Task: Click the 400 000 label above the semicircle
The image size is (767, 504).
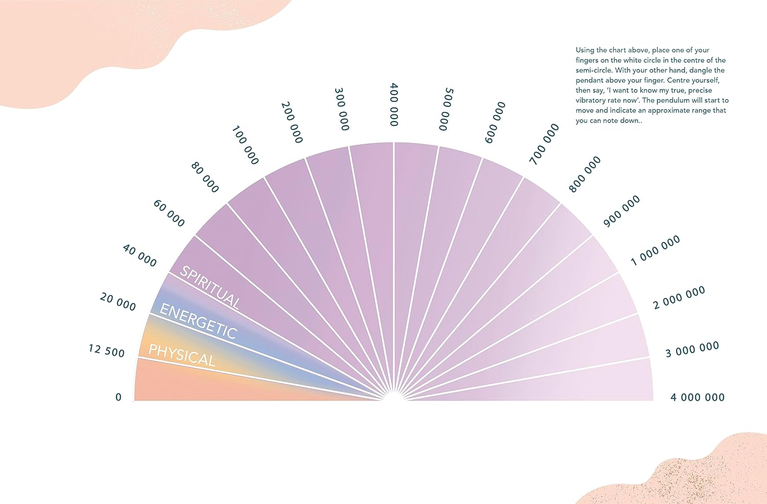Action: tap(394, 104)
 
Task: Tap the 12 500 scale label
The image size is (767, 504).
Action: tap(106, 351)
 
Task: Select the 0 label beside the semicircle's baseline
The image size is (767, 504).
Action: tap(119, 397)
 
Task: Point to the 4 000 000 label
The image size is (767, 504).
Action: tap(697, 397)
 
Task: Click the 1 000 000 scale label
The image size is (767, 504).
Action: tap(655, 250)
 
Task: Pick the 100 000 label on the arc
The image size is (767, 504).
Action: tap(245, 145)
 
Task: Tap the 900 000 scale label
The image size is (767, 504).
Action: tap(621, 211)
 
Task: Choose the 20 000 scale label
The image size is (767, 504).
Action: tap(118, 302)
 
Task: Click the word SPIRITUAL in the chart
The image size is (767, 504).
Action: tap(210, 287)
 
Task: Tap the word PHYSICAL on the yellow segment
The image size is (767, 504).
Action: tap(182, 355)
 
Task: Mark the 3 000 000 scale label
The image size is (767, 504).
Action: tap(692, 350)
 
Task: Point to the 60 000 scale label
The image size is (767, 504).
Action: tap(169, 213)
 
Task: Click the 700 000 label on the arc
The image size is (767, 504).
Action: tap(544, 144)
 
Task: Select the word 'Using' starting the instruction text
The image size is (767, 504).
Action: tap(585, 50)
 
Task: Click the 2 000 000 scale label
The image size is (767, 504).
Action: tap(679, 297)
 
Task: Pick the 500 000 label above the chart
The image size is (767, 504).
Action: tap(446, 109)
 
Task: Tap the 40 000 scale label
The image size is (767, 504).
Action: tap(140, 255)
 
